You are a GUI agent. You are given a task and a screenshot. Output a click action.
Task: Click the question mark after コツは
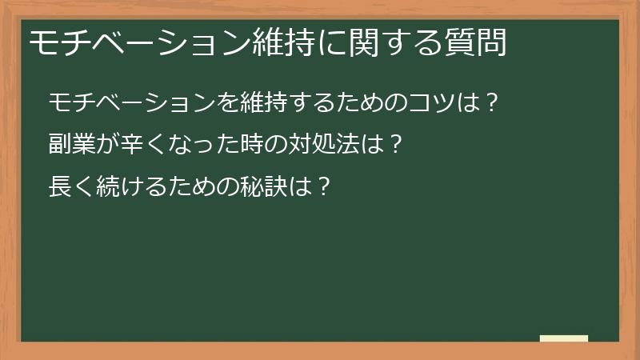click(493, 103)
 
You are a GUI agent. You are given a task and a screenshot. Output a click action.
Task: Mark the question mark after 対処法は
click(391, 146)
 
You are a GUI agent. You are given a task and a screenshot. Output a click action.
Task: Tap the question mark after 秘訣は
click(322, 188)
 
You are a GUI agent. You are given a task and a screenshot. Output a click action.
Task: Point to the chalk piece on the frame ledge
click(564, 338)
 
